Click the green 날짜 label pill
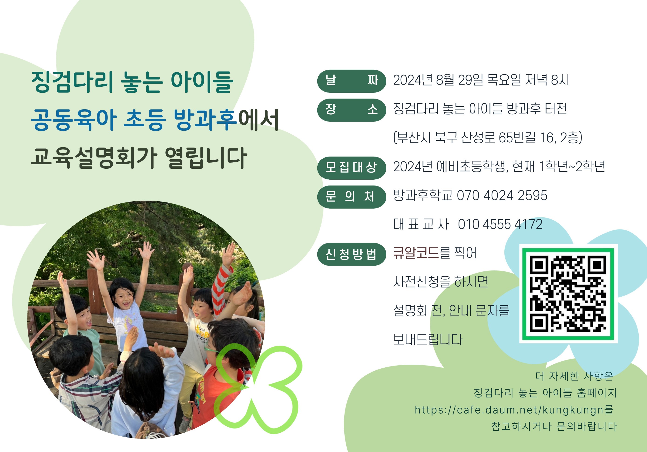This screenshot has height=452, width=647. click(351, 81)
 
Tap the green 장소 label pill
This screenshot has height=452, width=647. click(351, 110)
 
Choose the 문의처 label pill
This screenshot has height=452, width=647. click(351, 197)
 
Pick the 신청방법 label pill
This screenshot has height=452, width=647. click(351, 254)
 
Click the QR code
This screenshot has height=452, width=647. click(568, 294)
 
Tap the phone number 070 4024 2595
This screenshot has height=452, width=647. click(502, 195)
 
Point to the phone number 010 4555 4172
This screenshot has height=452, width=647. click(500, 224)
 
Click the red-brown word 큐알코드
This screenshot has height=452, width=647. click(416, 253)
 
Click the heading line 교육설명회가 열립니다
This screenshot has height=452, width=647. click(139, 158)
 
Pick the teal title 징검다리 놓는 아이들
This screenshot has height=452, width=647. click(132, 82)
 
